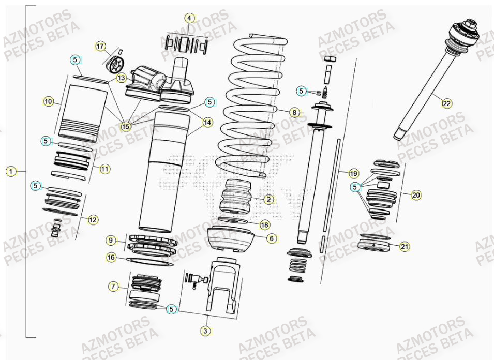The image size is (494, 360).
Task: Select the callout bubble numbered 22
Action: [x=446, y=103]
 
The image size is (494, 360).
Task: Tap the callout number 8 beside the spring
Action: [x=294, y=112]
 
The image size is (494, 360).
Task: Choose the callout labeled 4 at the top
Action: [x=190, y=18]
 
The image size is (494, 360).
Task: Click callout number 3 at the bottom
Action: [x=206, y=331]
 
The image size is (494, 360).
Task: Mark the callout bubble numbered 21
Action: [x=405, y=247]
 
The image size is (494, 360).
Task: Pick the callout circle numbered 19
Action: [x=354, y=173]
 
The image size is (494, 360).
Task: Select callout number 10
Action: [x=48, y=101]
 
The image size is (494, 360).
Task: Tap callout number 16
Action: [x=111, y=257]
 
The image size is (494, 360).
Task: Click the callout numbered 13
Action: [x=121, y=78]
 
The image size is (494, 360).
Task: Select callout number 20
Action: [x=416, y=195]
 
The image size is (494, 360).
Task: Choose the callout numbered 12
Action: [x=93, y=220]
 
